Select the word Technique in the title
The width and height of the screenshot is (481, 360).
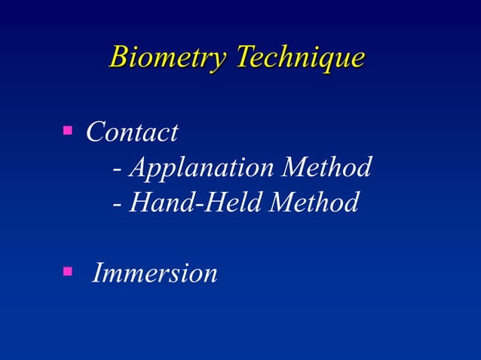click(x=300, y=58)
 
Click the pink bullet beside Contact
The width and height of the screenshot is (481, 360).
click(x=67, y=133)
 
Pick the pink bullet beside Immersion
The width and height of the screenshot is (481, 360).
click(x=67, y=270)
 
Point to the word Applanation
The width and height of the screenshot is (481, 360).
click(x=201, y=168)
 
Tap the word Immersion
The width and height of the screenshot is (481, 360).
click(x=155, y=273)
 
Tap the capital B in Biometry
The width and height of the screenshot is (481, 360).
click(x=118, y=56)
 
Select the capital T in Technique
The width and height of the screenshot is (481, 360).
click(x=244, y=56)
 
